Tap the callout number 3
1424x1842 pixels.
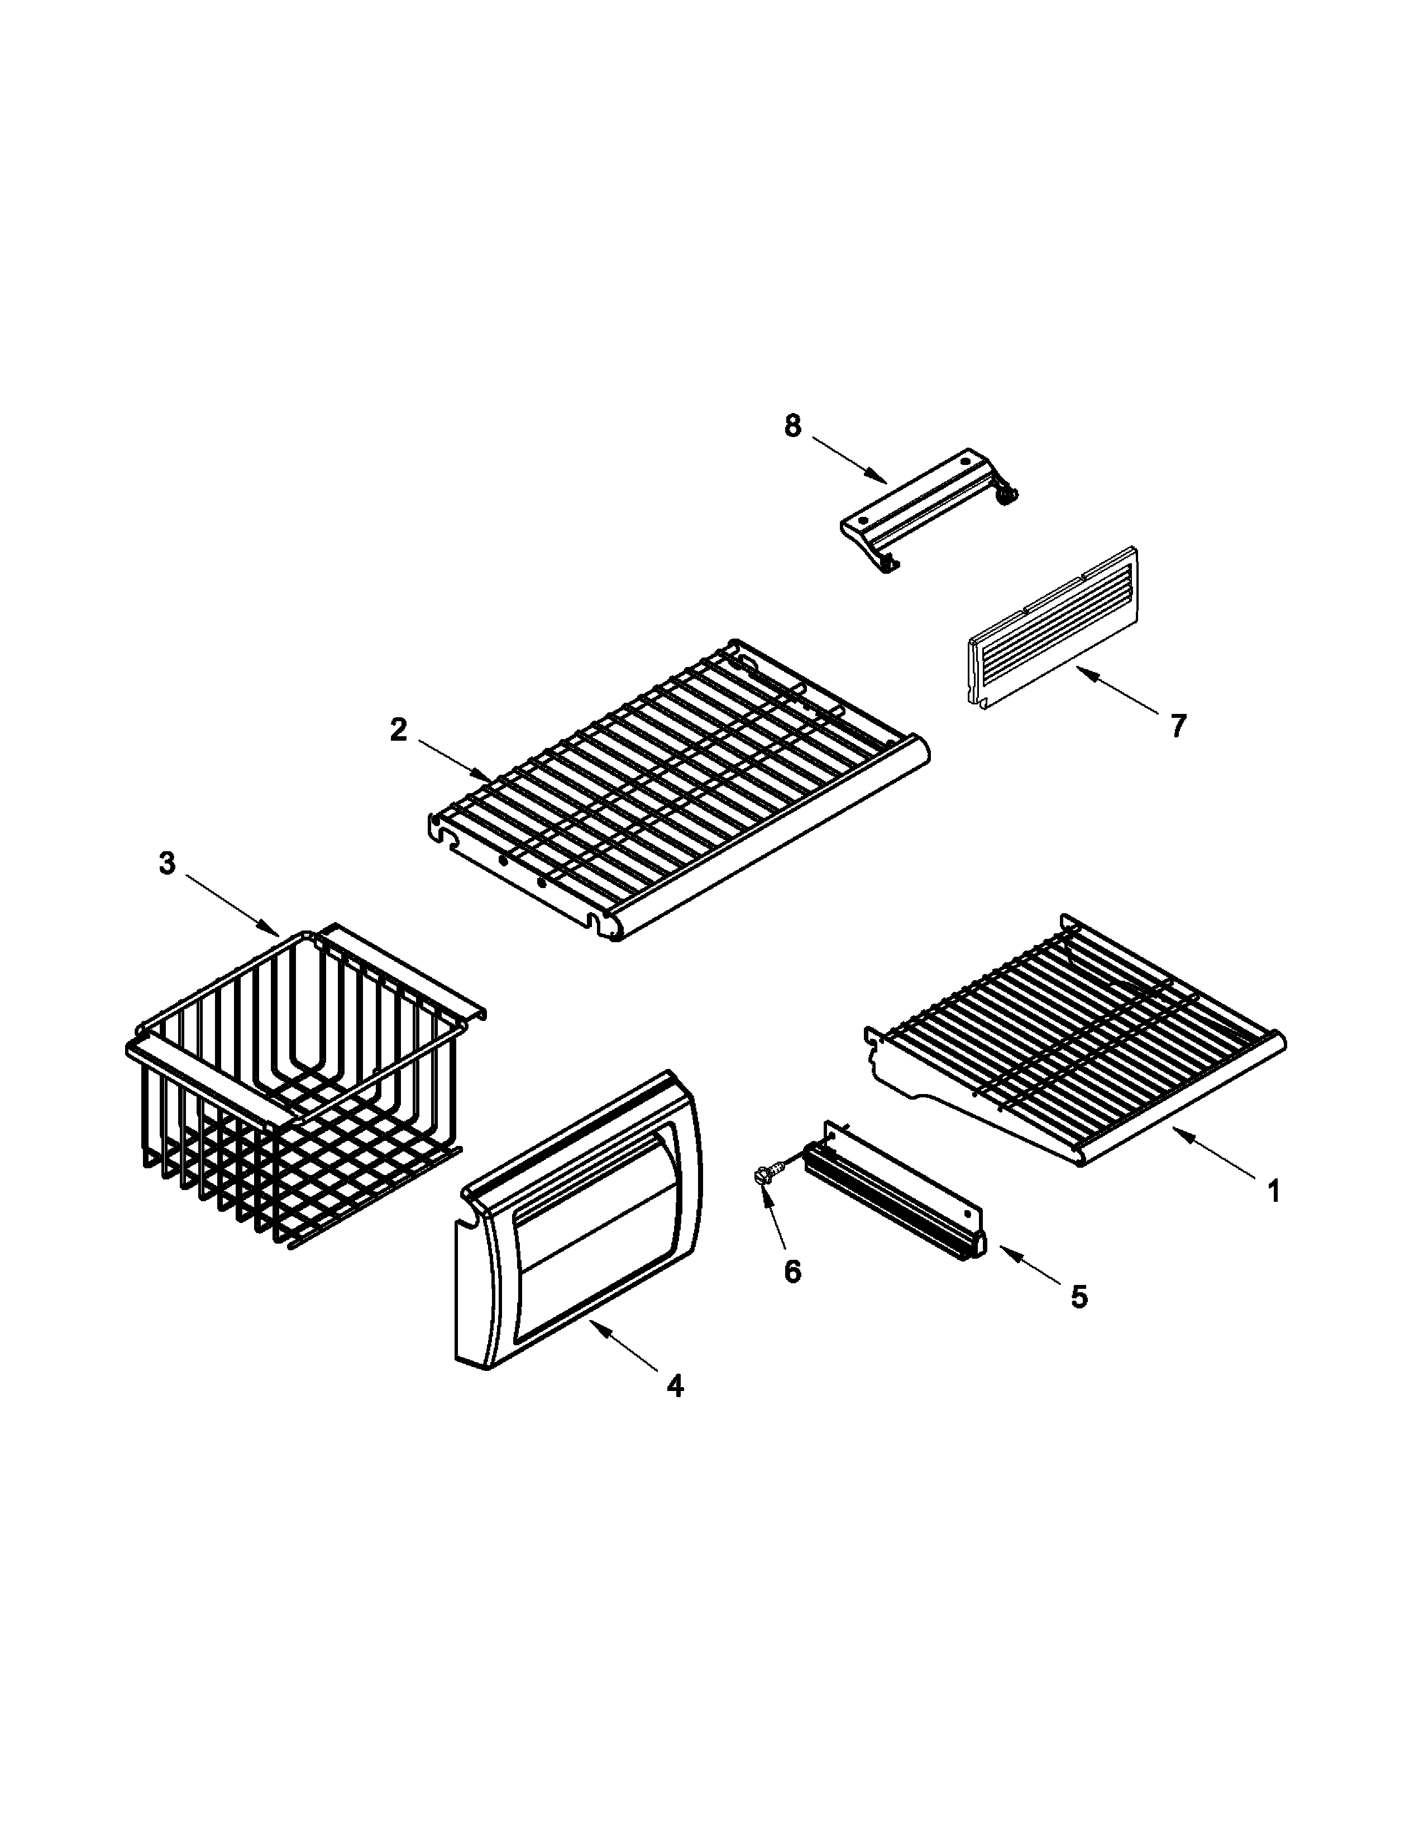click(167, 864)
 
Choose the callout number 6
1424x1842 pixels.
click(792, 1271)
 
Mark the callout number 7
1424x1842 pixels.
click(1178, 725)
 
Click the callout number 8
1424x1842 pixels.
click(792, 427)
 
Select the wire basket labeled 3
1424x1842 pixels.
click(295, 1088)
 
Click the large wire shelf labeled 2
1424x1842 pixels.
click(675, 793)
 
